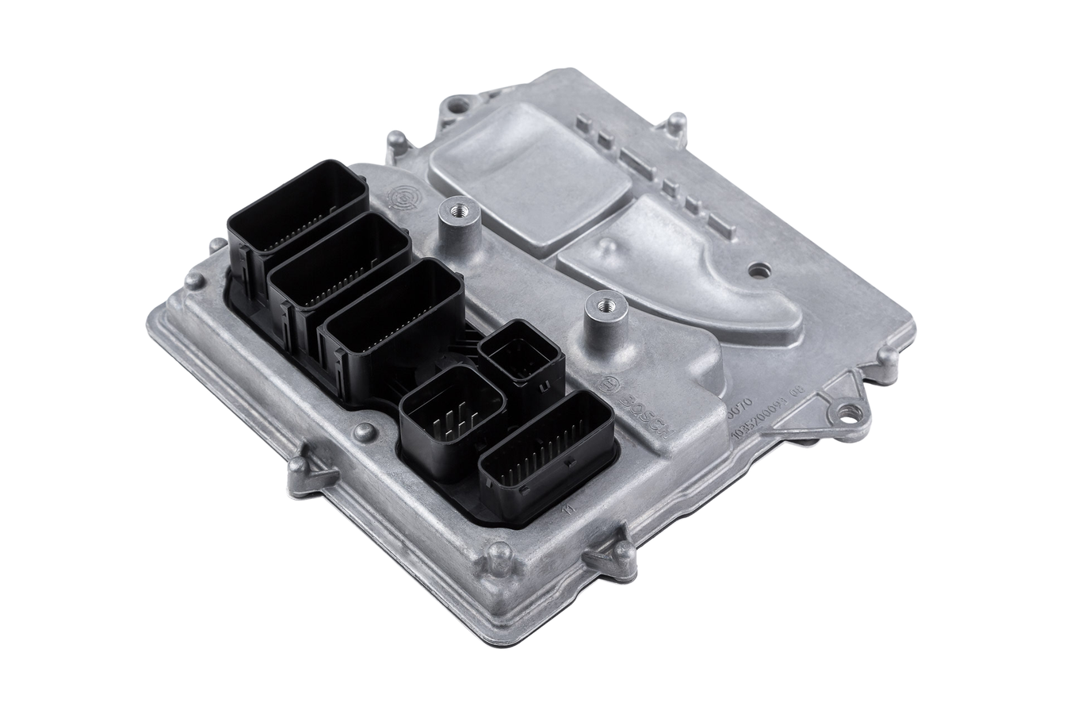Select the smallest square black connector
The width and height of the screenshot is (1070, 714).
tap(523, 354)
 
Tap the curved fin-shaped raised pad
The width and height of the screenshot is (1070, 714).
tap(674, 270)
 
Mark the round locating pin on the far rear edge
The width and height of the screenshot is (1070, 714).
tap(675, 122)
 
